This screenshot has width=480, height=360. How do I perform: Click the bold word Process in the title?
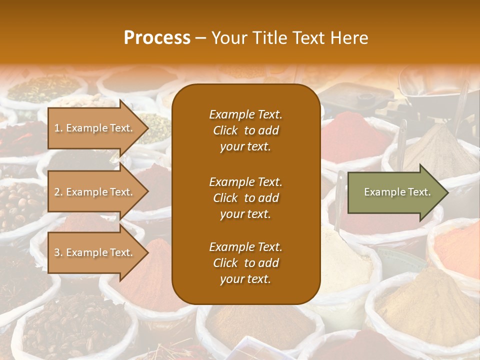click(x=157, y=38)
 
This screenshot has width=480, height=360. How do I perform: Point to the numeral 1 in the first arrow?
click(x=56, y=128)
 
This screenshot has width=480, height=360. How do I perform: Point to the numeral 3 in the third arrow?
click(x=57, y=252)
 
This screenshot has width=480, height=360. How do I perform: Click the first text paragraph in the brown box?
click(x=245, y=130)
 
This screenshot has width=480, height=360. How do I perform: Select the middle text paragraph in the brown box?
click(x=245, y=197)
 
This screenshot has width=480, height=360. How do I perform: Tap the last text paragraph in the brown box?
click(x=245, y=263)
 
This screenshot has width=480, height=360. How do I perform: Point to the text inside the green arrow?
click(x=397, y=192)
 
